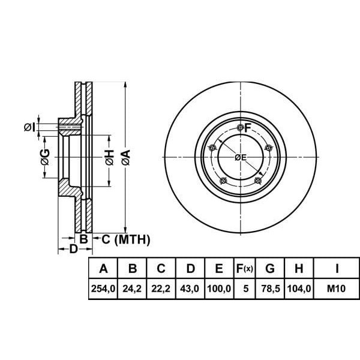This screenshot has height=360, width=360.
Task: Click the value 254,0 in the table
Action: [x=103, y=289]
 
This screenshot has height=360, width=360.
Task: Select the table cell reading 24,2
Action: [x=133, y=289]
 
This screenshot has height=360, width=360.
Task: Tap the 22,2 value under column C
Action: [x=161, y=289]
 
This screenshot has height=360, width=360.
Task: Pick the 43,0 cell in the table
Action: [x=190, y=289]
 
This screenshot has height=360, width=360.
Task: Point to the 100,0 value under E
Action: [x=219, y=289]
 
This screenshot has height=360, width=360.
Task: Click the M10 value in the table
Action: [x=337, y=289]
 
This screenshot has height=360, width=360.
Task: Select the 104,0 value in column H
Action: [x=299, y=289]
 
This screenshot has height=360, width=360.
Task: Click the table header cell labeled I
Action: [x=337, y=268]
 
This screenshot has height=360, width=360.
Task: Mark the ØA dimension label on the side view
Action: [x=125, y=157]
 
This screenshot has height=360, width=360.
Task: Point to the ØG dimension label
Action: [x=44, y=157]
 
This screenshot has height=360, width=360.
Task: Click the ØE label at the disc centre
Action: [x=240, y=157]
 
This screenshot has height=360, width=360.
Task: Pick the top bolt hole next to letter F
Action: [x=241, y=127]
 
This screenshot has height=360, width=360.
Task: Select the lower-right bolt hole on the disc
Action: [x=258, y=181]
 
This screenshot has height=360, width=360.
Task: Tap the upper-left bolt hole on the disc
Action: [x=211, y=148]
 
